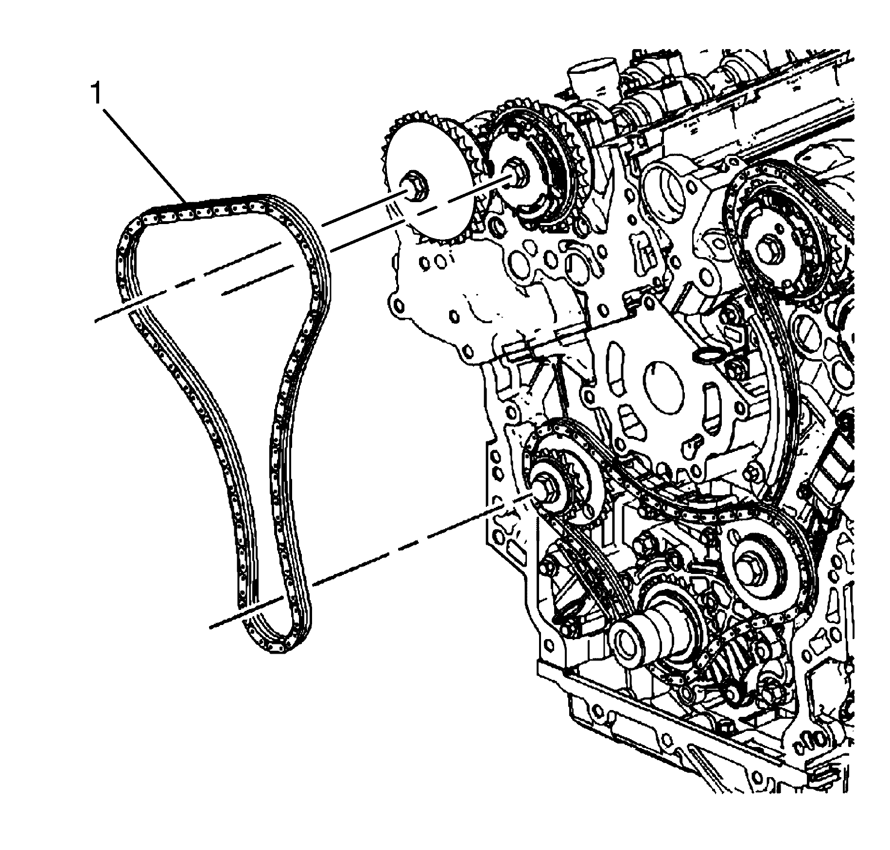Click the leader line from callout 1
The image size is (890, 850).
click(146, 156)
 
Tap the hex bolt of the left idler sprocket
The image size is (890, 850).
click(542, 488)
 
